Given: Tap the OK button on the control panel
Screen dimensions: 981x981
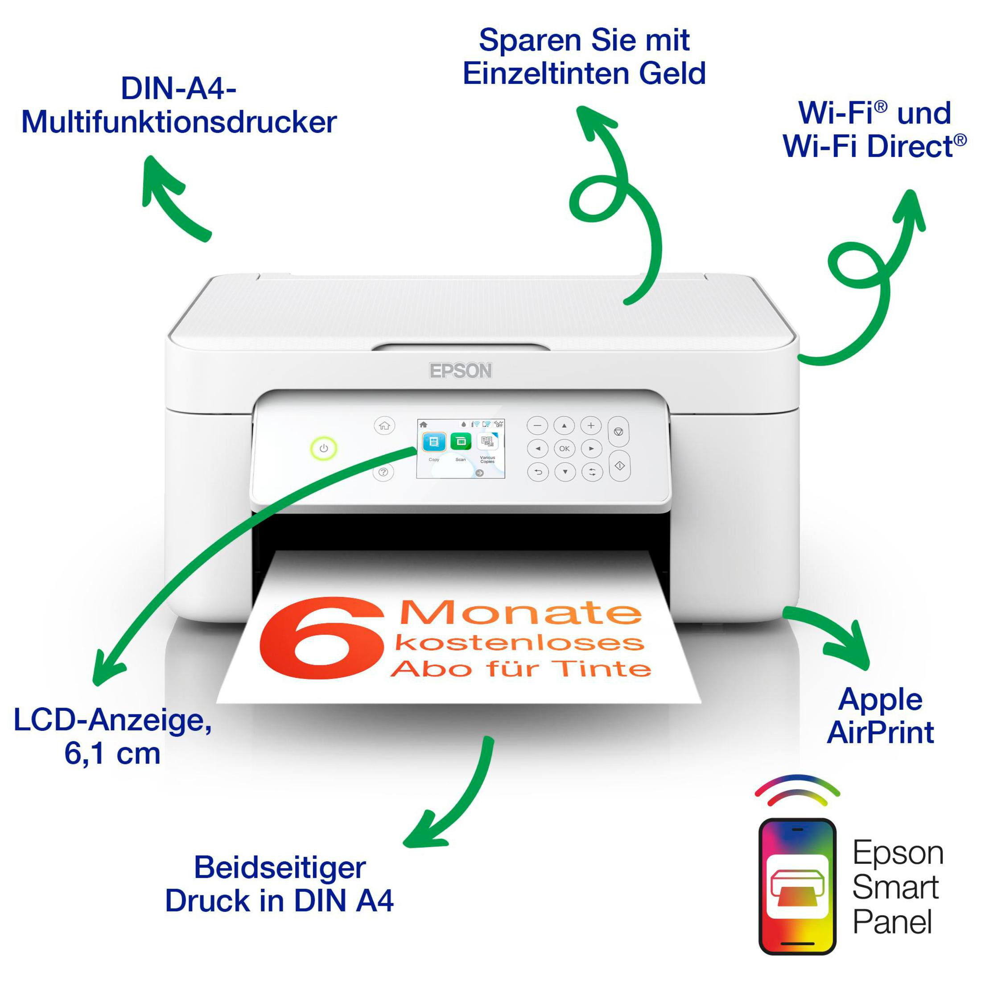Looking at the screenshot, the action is (564, 448).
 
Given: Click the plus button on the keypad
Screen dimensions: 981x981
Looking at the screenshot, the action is (590, 425).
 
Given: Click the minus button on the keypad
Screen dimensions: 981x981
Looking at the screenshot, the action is (538, 425).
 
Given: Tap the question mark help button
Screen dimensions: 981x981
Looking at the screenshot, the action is (383, 472).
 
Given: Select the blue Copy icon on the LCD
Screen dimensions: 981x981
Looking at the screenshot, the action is (433, 442).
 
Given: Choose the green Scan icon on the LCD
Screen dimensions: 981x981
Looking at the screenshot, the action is (461, 442).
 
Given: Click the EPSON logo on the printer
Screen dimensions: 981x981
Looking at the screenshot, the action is (461, 371).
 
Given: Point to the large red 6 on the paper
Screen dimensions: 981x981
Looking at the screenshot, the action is (321, 638).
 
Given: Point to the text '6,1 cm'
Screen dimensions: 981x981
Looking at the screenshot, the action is (112, 754).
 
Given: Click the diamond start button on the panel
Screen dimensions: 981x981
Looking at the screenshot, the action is (619, 466).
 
